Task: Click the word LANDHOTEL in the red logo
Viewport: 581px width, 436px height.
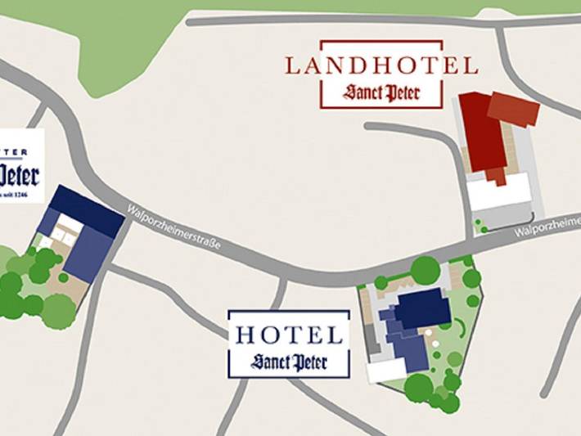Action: (381, 65)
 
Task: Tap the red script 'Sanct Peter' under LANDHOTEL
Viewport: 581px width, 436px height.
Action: (381, 92)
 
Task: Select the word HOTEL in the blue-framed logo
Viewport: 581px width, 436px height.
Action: (289, 335)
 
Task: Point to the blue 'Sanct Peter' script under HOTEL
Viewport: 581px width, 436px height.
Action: (289, 361)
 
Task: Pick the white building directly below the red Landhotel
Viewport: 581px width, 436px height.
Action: (498, 193)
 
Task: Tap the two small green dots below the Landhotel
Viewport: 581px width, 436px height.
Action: (480, 226)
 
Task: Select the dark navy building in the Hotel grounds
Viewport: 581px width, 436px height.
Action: (424, 308)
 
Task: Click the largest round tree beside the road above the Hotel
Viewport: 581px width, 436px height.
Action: (426, 270)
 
